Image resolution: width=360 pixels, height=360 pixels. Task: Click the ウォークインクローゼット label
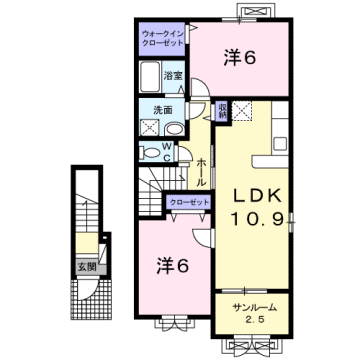[x=161, y=38]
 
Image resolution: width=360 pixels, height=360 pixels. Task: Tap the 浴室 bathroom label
[x=172, y=75]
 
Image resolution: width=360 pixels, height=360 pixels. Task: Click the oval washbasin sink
[x=172, y=128]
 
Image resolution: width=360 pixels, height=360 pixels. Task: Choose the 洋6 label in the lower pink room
[x=173, y=265]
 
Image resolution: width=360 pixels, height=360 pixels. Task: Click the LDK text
[x=255, y=193]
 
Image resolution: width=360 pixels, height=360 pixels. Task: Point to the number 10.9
[x=255, y=217]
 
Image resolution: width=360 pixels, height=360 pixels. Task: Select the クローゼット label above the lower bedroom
[x=189, y=203]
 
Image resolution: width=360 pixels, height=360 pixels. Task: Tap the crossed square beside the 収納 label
[x=240, y=110]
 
